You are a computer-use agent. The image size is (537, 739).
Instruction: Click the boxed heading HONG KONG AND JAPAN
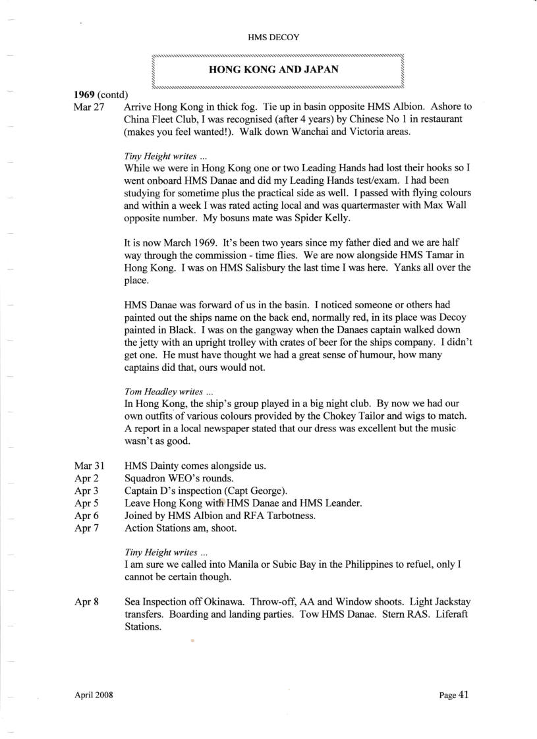273,68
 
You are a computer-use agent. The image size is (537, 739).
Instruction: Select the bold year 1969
84,95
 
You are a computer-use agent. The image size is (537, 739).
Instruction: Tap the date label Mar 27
90,107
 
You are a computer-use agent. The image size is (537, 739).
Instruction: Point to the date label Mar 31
90,466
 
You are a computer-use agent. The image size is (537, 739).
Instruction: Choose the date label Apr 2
87,478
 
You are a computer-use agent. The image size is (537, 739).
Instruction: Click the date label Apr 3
87,491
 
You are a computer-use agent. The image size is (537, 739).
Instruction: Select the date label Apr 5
87,503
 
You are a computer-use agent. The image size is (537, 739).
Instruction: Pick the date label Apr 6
87,516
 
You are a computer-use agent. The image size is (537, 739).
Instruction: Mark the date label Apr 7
87,528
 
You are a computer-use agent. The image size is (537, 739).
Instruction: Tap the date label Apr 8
87,602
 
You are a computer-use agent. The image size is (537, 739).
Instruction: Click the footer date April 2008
93,695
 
